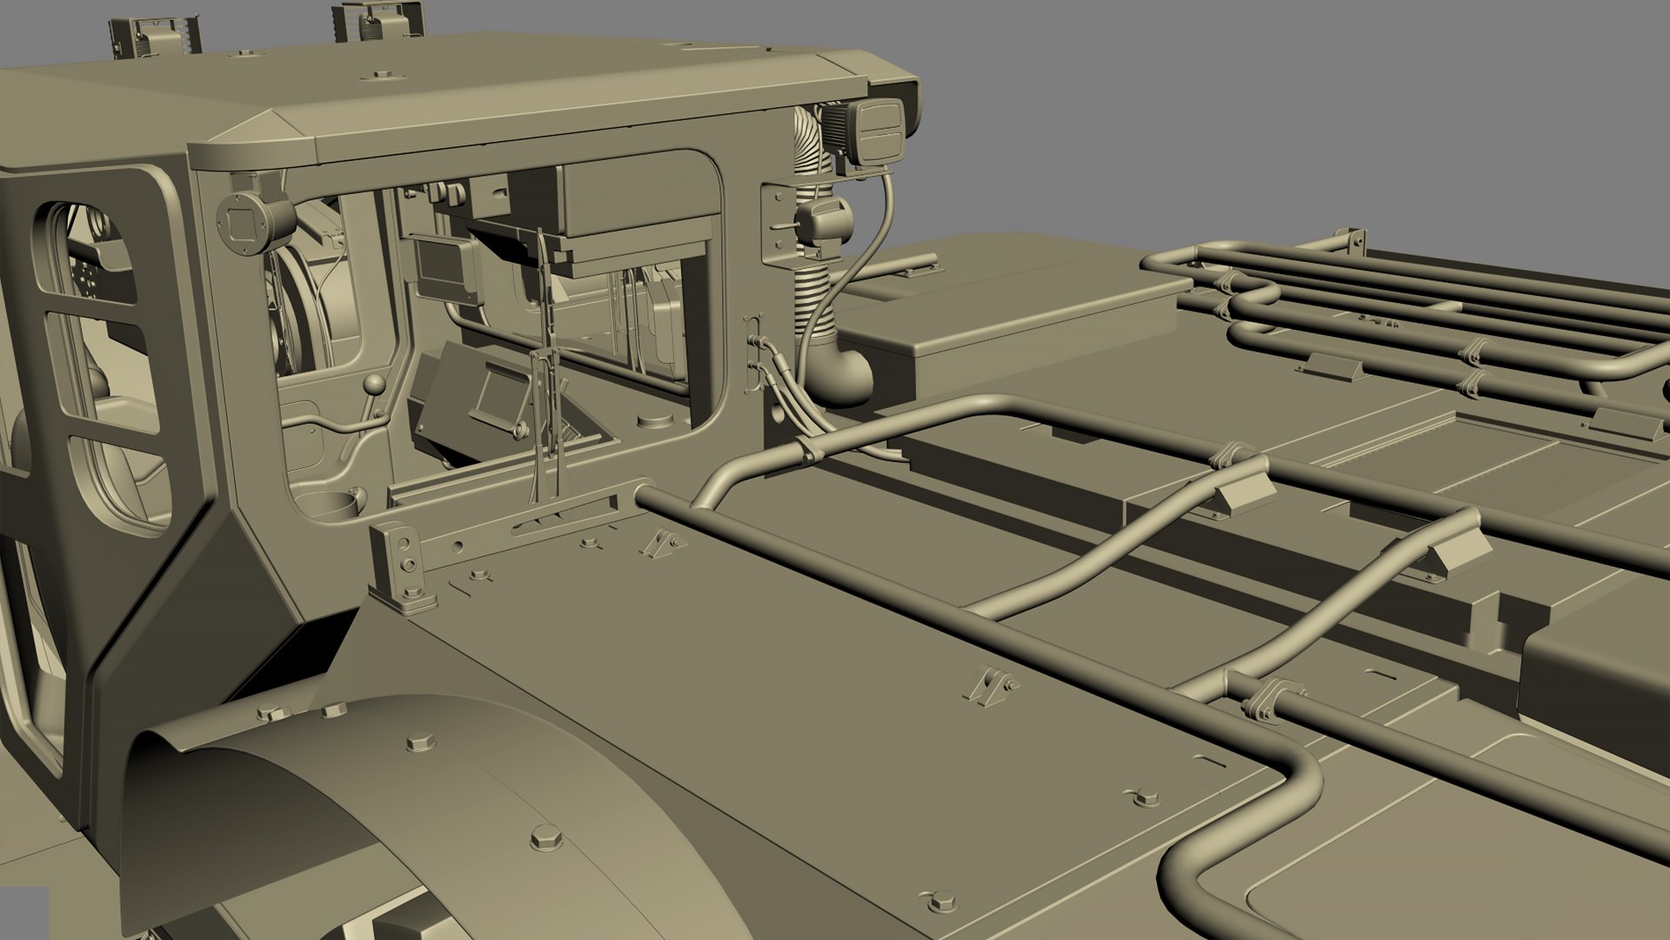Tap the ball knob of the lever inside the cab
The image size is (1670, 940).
coord(375,386)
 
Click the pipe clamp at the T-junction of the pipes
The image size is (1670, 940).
coord(1263,698)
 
